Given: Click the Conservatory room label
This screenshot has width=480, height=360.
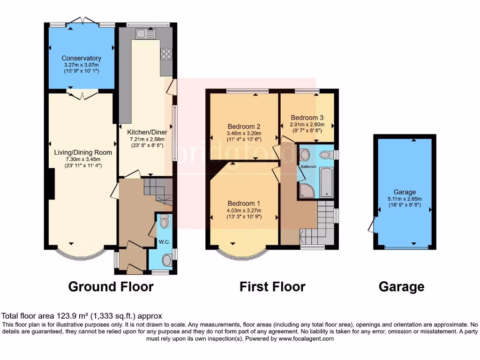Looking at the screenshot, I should [x=82, y=58].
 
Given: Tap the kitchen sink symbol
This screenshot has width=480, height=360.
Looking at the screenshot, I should [x=146, y=33].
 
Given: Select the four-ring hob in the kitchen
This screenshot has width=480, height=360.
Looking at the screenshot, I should [x=166, y=54].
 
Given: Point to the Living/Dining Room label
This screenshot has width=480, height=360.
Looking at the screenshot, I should [x=83, y=152].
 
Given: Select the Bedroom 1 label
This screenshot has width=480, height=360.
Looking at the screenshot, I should [x=244, y=203].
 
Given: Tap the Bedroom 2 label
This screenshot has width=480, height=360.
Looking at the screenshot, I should [x=244, y=126].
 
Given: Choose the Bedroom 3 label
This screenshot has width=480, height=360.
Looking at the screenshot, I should [x=307, y=118].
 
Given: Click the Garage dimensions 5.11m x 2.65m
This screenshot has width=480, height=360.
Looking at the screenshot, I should [x=404, y=199].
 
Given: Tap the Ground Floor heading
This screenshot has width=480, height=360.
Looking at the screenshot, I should [x=111, y=286].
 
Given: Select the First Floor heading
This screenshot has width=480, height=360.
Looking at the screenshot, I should [x=272, y=286].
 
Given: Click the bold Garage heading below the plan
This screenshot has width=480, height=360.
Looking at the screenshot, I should [x=402, y=286].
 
